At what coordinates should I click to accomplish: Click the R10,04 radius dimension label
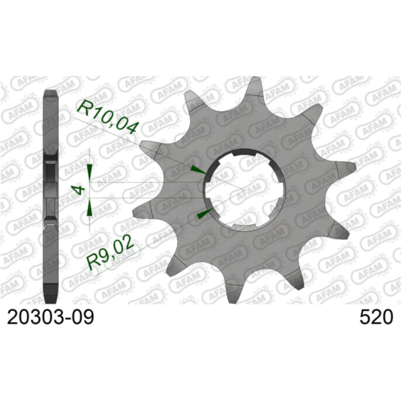(x=108, y=115)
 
